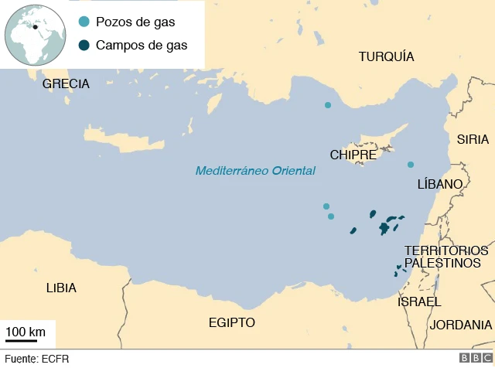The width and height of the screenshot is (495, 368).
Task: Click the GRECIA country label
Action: [x=66, y=83]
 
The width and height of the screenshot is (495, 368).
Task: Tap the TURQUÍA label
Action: [x=386, y=56]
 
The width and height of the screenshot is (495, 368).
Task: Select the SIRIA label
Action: [x=473, y=139]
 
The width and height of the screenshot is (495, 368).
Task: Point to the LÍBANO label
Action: [x=439, y=184]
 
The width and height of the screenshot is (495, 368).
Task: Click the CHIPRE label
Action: [x=353, y=155]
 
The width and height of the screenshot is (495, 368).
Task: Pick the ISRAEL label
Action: [x=419, y=302]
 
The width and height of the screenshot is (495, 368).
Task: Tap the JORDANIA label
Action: [x=461, y=325]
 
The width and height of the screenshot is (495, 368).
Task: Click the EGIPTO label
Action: [x=231, y=322]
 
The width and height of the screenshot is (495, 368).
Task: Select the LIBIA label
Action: [x=61, y=288]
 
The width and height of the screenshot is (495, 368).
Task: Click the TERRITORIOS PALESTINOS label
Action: [x=446, y=257]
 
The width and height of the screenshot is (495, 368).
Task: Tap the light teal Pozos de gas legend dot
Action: [x=84, y=22]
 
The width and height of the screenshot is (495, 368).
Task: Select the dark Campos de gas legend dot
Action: [x=84, y=45]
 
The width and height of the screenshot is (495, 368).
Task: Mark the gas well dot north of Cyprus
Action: [x=328, y=105]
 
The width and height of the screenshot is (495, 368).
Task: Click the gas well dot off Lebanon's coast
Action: [x=411, y=164]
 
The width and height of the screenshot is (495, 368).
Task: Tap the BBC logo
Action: [x=471, y=358]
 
